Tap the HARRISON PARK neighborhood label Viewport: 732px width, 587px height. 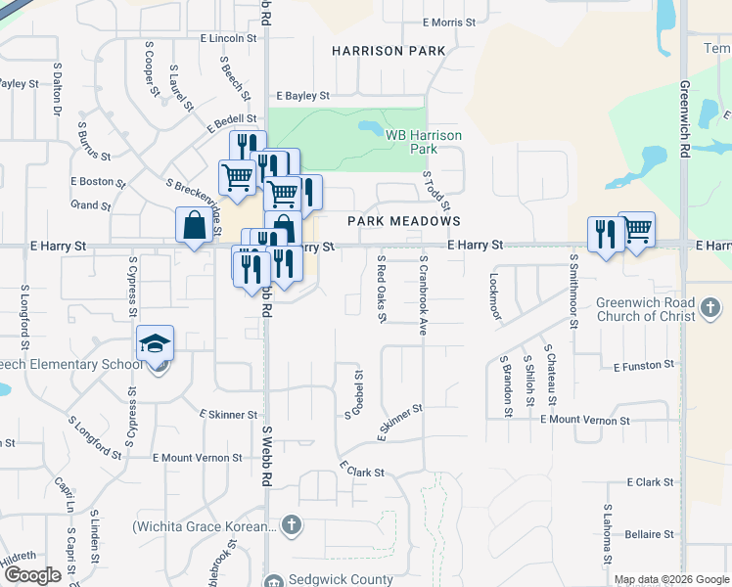pyautogui.click(x=389, y=51)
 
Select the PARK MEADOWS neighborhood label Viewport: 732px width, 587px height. pyautogui.click(x=404, y=222)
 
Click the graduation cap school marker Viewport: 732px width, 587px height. pyautogui.click(x=155, y=344)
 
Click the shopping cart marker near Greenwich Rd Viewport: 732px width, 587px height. pyautogui.click(x=637, y=231)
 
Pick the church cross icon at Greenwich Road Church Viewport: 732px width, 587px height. pyautogui.click(x=711, y=310)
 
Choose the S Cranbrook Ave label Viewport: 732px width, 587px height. pyautogui.click(x=424, y=296)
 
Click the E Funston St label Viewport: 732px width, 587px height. pyautogui.click(x=645, y=365)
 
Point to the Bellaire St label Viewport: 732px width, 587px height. pyautogui.click(x=649, y=534)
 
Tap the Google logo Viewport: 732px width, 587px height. pyautogui.click(x=33, y=575)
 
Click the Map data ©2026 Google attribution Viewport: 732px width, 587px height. pyautogui.click(x=670, y=579)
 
